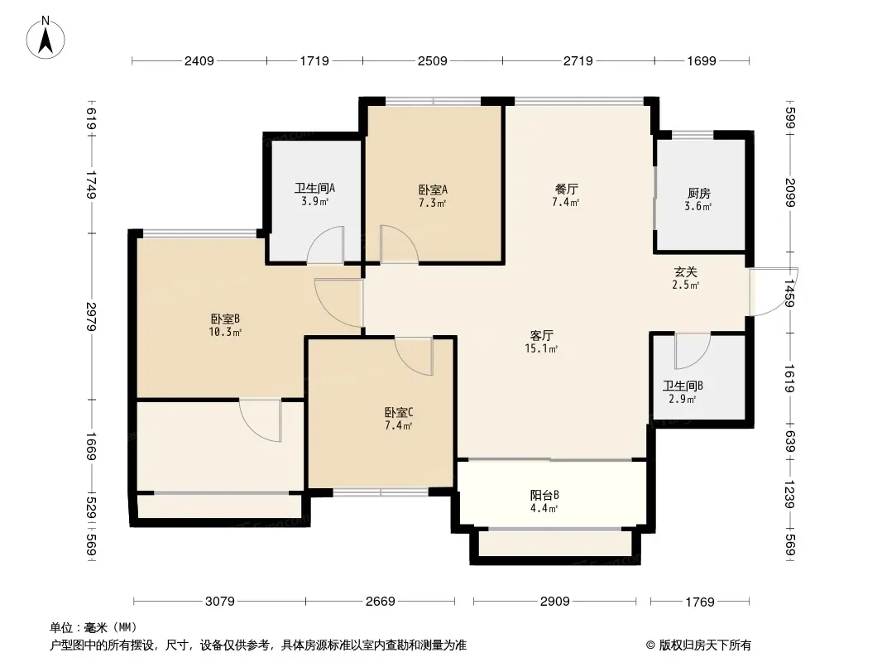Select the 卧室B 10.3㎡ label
pyautogui.click(x=225, y=325)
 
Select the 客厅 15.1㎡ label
pyautogui.click(x=542, y=342)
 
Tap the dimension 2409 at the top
pyautogui.click(x=199, y=60)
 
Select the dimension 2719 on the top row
pyautogui.click(x=578, y=60)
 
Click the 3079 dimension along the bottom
pyautogui.click(x=219, y=602)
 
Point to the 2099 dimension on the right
pyautogui.click(x=790, y=192)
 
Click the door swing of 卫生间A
pyautogui.click(x=325, y=245)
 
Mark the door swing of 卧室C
pyautogui.click(x=414, y=356)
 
